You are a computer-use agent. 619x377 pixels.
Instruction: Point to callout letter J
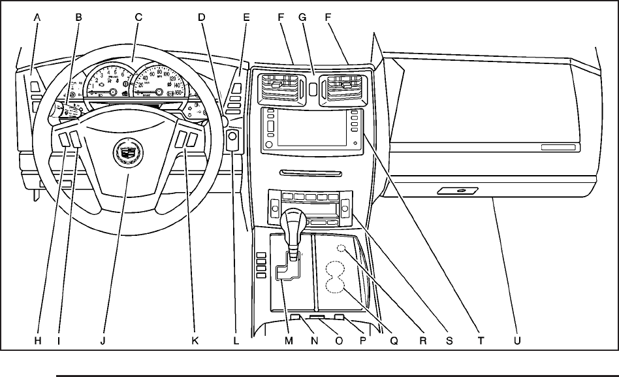103,340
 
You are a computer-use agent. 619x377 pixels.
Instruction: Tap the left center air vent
280,89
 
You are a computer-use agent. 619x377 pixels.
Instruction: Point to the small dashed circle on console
342,249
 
